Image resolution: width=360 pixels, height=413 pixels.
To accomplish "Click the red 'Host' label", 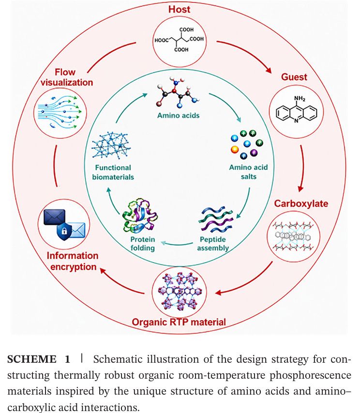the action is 179,10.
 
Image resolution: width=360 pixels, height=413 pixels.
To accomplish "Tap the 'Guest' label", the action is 294,77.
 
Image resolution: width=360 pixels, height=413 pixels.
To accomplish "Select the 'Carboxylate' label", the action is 301,204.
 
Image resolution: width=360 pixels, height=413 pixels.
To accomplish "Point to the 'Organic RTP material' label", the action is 179,322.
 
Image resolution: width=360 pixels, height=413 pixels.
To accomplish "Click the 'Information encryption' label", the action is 73,261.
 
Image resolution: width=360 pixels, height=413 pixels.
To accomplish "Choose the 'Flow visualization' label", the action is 67,77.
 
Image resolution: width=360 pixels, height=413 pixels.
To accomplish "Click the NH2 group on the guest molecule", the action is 300,99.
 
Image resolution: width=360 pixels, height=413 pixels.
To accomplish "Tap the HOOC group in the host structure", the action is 161,40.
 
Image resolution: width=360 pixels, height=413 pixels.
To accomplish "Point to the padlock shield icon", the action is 64,232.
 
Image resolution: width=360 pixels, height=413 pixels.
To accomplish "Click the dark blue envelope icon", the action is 54,217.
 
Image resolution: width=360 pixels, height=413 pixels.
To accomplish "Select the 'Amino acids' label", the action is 179,116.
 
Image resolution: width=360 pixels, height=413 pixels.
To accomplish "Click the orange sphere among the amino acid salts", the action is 234,149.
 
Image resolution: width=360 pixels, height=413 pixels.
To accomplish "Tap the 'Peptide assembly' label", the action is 213,244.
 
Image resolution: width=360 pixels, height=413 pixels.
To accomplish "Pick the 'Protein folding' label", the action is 143,244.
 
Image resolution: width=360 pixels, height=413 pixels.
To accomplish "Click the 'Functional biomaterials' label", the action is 113,172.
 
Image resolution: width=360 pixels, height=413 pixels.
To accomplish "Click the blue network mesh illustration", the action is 111,146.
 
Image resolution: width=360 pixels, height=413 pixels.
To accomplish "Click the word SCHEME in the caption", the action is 31,359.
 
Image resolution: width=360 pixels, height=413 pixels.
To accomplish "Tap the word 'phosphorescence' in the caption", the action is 310,375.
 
